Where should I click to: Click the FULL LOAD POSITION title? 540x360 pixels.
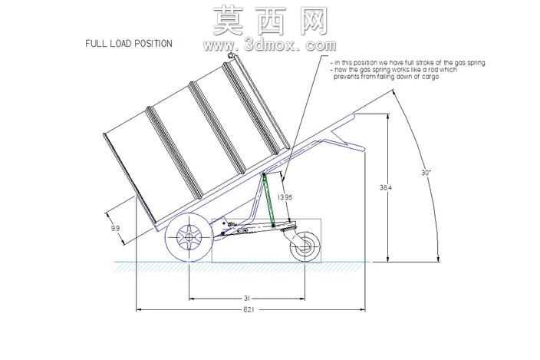point(129,44)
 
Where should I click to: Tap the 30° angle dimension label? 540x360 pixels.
point(426,173)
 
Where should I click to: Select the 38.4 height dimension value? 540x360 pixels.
point(386,188)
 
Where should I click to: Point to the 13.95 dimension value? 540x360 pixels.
point(285,197)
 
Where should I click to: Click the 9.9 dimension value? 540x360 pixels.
point(115,228)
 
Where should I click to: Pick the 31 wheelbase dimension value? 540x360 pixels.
point(246,298)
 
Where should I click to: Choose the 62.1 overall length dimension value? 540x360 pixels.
point(249,309)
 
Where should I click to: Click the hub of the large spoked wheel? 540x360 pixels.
point(189,237)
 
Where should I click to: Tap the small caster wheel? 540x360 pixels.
point(305,246)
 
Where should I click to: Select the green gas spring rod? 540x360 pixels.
point(268,200)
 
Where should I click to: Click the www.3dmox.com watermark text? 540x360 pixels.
point(270,45)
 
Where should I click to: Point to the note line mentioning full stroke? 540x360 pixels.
point(407,63)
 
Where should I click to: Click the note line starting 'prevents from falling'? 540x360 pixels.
point(386,77)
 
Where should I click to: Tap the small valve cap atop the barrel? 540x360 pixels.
point(230,55)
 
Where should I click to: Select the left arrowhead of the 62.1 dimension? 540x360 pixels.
point(139,309)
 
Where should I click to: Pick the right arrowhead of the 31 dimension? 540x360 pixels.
point(302,299)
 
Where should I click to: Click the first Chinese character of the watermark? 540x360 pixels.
point(228,21)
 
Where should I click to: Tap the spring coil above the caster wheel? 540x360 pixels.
point(288,226)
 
